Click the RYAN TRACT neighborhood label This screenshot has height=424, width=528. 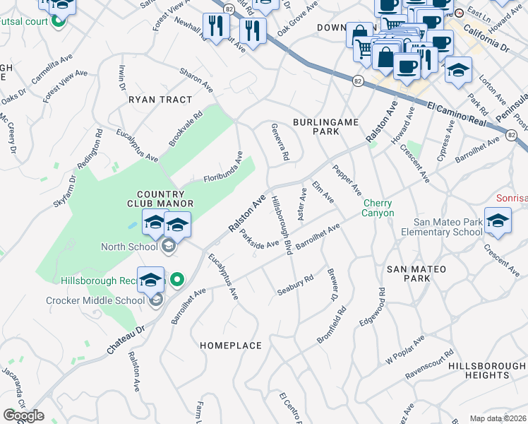click(x=160, y=100)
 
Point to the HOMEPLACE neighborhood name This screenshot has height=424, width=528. click(x=231, y=346)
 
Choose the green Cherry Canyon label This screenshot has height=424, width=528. click(x=378, y=208)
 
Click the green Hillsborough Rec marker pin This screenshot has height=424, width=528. click(x=177, y=280)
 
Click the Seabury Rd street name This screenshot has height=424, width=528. click(x=294, y=284)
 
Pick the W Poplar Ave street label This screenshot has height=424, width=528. click(x=404, y=351)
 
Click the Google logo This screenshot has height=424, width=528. click(x=23, y=416)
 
